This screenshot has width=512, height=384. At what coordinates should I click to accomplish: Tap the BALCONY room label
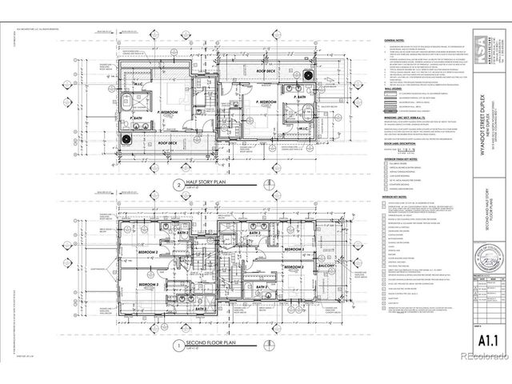pos(327,266)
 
